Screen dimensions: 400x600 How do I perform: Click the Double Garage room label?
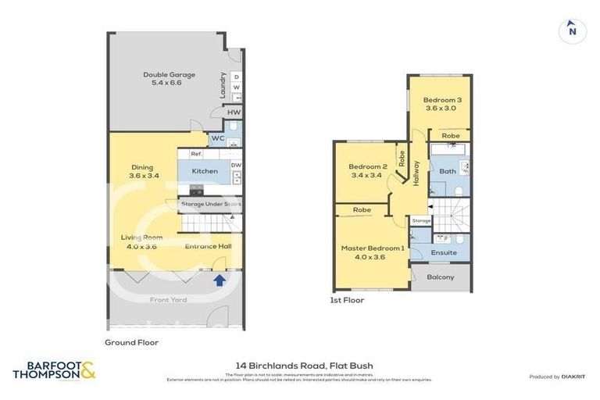169,75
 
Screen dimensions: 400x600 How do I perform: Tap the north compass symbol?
573,31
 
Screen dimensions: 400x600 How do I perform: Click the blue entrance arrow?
220,279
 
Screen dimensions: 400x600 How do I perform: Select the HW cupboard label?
234,113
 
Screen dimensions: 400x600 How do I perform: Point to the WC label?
217,139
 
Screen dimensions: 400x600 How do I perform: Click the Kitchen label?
205,171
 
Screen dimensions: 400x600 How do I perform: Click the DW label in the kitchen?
236,165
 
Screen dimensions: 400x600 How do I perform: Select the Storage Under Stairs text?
211,205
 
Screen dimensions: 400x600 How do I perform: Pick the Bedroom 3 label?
442,100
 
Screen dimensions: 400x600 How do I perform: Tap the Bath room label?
448,171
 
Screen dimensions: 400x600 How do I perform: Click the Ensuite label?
444,252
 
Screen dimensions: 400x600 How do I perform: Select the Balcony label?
441,277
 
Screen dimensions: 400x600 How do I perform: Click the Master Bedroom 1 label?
373,248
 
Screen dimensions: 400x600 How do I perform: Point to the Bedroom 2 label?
368,167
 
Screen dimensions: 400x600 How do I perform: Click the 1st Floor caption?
348,300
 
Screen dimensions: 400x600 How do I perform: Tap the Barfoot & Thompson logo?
54,370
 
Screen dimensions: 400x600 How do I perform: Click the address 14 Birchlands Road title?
304,365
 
